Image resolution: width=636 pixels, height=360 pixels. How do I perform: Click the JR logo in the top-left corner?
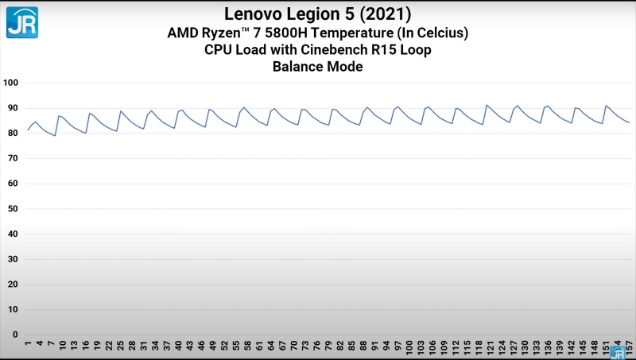(22, 22)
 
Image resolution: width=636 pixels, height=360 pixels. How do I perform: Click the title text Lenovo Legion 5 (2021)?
(317, 14)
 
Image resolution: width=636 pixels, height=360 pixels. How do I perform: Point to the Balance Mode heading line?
(317, 67)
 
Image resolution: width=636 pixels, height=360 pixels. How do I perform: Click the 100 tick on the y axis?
(11, 83)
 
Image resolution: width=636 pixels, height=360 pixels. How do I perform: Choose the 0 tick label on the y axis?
(15, 335)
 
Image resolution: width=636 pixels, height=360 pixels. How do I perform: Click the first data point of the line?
(28, 130)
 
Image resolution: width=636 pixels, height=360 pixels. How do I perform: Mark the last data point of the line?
(629, 122)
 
